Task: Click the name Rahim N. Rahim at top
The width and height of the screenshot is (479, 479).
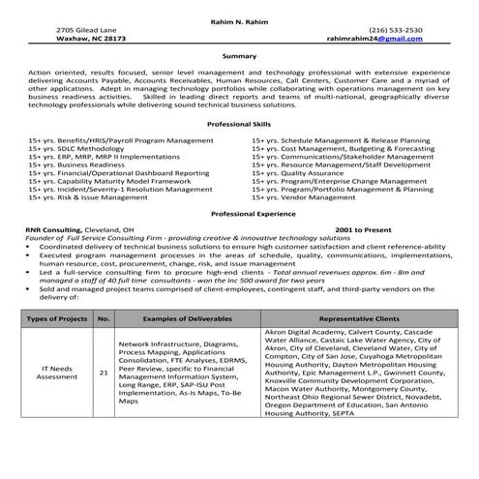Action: (239, 20)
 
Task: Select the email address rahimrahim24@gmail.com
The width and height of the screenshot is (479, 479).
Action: (396, 39)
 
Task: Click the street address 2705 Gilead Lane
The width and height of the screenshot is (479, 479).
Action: (87, 30)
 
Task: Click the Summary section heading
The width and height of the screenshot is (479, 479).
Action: (239, 56)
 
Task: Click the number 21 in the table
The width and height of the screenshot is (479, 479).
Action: (104, 372)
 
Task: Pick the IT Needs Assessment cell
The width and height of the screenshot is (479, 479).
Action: (56, 372)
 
